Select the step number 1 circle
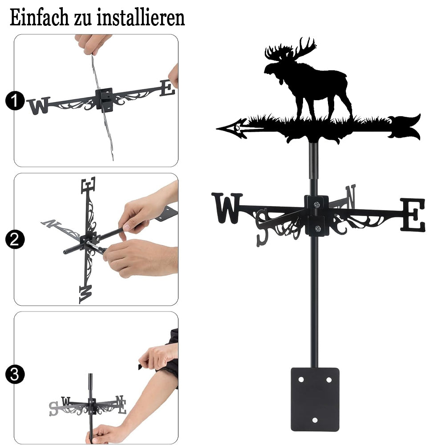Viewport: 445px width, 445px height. [x=15, y=101]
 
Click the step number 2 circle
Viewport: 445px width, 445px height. [x=15, y=239]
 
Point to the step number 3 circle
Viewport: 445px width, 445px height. [x=15, y=374]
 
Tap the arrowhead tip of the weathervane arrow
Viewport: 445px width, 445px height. [x=217, y=129]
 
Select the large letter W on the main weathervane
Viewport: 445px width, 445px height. [x=227, y=208]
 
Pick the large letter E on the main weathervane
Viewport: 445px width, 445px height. [x=413, y=215]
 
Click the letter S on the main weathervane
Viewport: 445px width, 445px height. [x=262, y=227]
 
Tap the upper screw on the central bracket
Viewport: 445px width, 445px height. [x=317, y=204]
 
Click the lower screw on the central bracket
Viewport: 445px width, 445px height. [x=318, y=228]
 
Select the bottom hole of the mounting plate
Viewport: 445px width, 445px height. [x=315, y=420]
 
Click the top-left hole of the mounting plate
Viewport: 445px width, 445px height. [x=301, y=380]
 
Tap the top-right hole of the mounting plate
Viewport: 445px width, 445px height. [x=329, y=380]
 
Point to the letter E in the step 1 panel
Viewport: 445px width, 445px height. [x=167, y=88]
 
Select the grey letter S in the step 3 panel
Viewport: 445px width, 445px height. [x=54, y=409]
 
